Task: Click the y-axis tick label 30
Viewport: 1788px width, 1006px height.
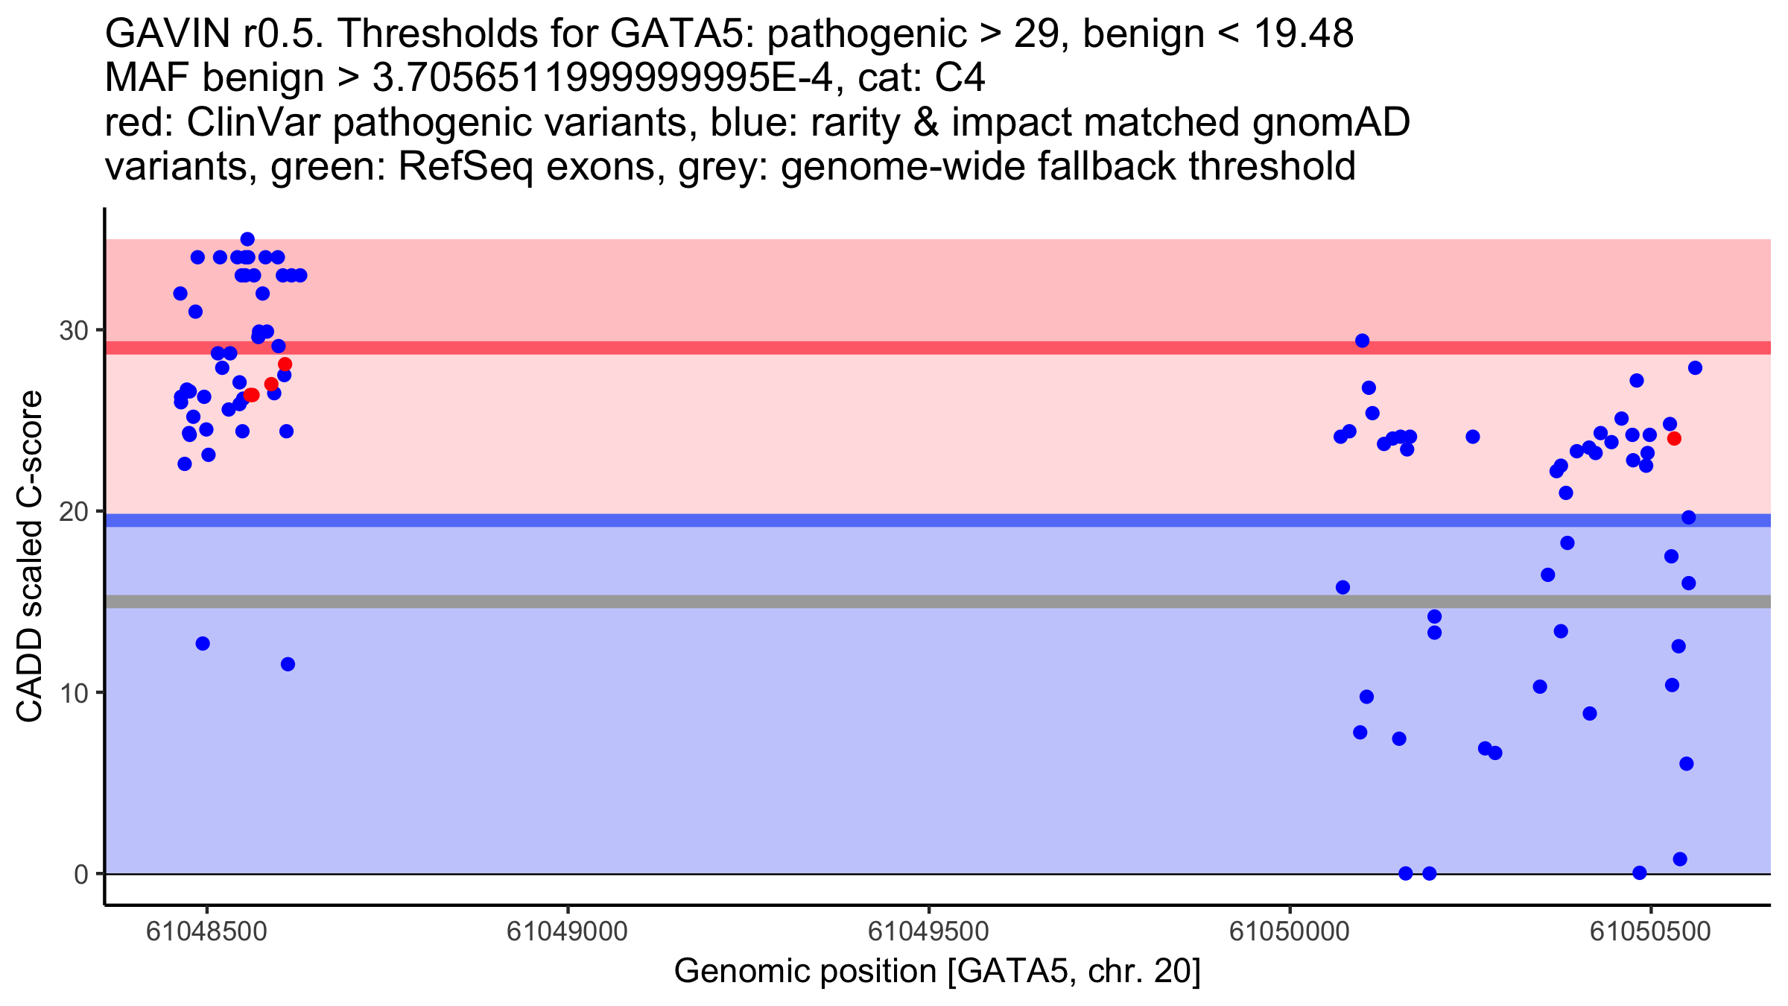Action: (x=73, y=330)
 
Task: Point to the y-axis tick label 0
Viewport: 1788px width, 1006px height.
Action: (x=80, y=874)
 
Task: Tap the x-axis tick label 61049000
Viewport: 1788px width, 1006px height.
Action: (x=567, y=931)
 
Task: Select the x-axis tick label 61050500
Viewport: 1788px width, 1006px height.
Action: (x=1650, y=931)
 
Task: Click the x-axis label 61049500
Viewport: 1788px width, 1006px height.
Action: (x=928, y=931)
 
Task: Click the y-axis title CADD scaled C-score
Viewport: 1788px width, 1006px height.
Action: (x=30, y=557)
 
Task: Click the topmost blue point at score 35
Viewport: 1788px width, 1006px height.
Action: (x=247, y=239)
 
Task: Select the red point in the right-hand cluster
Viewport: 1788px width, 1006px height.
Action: (x=1674, y=438)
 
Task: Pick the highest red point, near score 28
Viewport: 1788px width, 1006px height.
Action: (x=285, y=364)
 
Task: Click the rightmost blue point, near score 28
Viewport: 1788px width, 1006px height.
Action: (x=1695, y=368)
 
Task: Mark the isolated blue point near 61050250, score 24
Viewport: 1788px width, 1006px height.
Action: (x=1473, y=437)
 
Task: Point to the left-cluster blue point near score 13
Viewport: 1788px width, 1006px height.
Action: (x=203, y=643)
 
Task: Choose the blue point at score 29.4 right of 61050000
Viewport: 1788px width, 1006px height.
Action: (x=1362, y=341)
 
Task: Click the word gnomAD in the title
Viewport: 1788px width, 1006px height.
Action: (x=1331, y=122)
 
